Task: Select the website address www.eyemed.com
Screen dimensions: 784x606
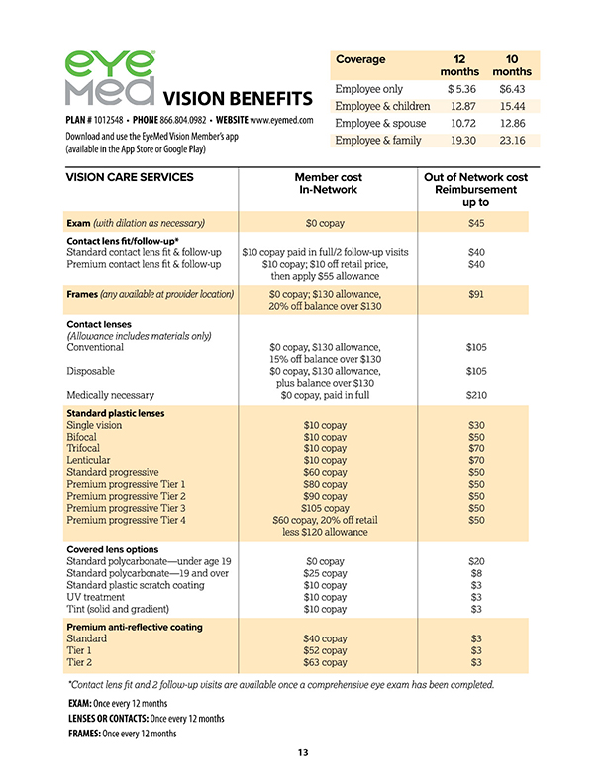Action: point(281,119)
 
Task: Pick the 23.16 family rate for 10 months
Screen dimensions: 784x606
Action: point(511,141)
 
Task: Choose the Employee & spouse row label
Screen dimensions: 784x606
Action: point(380,123)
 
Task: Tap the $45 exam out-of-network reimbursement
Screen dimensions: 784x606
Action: point(475,223)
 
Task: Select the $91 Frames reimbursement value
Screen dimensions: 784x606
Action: point(475,294)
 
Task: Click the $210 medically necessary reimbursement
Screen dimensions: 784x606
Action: point(475,395)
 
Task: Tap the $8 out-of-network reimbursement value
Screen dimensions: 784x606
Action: point(475,573)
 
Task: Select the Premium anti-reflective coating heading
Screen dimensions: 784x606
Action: point(134,627)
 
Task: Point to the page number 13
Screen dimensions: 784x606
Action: point(303,754)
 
